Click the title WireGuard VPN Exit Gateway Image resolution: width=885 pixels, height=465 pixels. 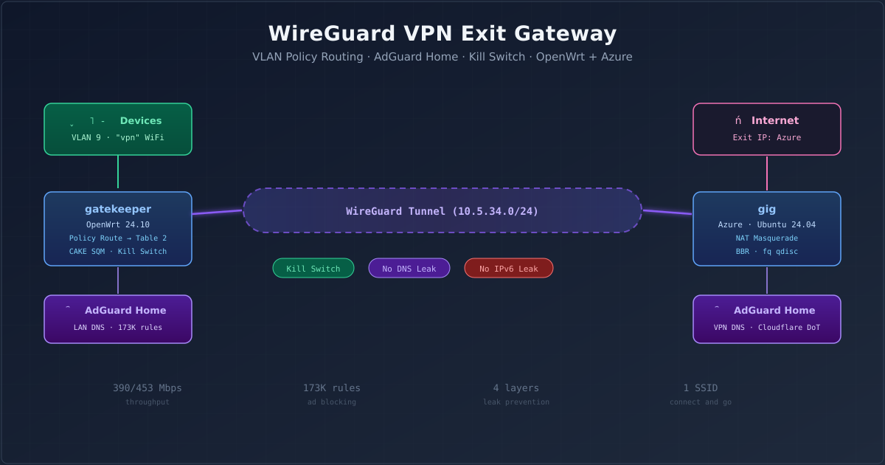tap(442, 34)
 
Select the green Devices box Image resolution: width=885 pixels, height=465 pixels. tap(118, 129)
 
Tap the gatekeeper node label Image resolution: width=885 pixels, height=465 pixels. tap(118, 209)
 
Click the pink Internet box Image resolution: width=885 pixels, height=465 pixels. tap(767, 129)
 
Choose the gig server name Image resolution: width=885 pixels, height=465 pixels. tap(767, 209)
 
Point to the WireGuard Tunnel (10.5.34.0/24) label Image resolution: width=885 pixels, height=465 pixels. tap(442, 211)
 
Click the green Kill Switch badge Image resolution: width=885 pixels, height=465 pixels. tap(313, 269)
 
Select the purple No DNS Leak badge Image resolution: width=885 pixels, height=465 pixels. tap(409, 269)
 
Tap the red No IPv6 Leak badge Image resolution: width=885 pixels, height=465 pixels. tap(509, 269)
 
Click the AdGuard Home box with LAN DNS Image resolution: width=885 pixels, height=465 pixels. tap(118, 319)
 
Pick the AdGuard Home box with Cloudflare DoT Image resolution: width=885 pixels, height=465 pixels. tap(767, 319)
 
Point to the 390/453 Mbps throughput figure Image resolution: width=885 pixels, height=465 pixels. tap(147, 388)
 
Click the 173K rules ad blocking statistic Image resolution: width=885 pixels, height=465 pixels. tap(332, 388)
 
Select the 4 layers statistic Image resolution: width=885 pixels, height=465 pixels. tap(516, 388)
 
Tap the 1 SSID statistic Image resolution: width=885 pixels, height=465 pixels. tap(701, 388)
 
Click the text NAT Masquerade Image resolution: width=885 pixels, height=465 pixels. tap(767, 238)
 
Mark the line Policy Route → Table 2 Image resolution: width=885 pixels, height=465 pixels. tap(118, 238)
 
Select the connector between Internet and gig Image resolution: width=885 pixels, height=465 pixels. tap(767, 173)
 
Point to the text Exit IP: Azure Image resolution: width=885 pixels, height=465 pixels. tap(767, 138)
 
